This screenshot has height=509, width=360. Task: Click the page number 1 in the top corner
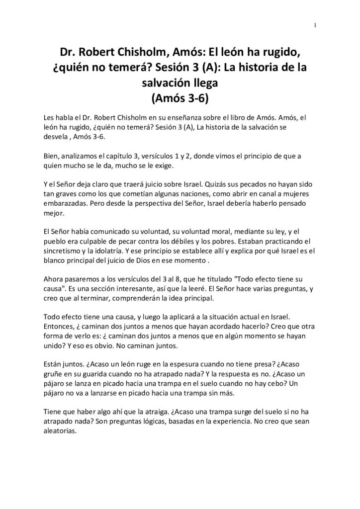click(315, 26)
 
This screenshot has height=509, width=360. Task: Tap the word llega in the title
click(203, 83)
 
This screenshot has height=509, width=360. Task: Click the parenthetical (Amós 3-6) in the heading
click(180, 98)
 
